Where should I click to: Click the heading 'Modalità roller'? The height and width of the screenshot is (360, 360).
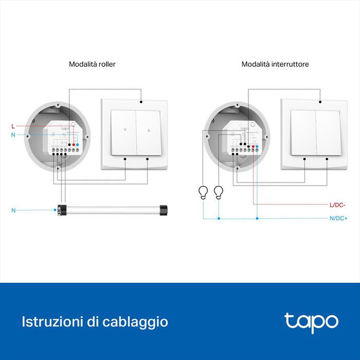[x=92, y=64]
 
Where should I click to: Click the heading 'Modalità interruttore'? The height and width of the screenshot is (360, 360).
[x=275, y=64]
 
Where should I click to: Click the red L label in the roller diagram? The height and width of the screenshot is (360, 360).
[x=13, y=126]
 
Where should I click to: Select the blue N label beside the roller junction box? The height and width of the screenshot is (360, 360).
[x=13, y=135]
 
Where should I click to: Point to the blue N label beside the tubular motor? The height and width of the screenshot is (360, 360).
[x=13, y=210]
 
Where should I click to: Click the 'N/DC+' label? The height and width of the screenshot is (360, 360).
[x=338, y=218]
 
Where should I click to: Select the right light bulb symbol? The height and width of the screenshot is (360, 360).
[x=219, y=192]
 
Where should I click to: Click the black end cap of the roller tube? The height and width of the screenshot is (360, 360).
[x=164, y=210]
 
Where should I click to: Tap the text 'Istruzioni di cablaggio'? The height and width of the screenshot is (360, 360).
[x=95, y=321]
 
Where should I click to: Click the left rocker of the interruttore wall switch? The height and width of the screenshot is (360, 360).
[x=303, y=132]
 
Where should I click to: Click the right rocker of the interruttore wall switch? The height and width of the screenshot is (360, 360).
[x=328, y=132]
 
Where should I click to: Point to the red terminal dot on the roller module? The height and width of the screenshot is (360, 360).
[x=73, y=144]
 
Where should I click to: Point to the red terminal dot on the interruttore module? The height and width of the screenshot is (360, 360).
[x=253, y=147]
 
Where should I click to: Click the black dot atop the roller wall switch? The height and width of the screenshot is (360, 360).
[x=141, y=102]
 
